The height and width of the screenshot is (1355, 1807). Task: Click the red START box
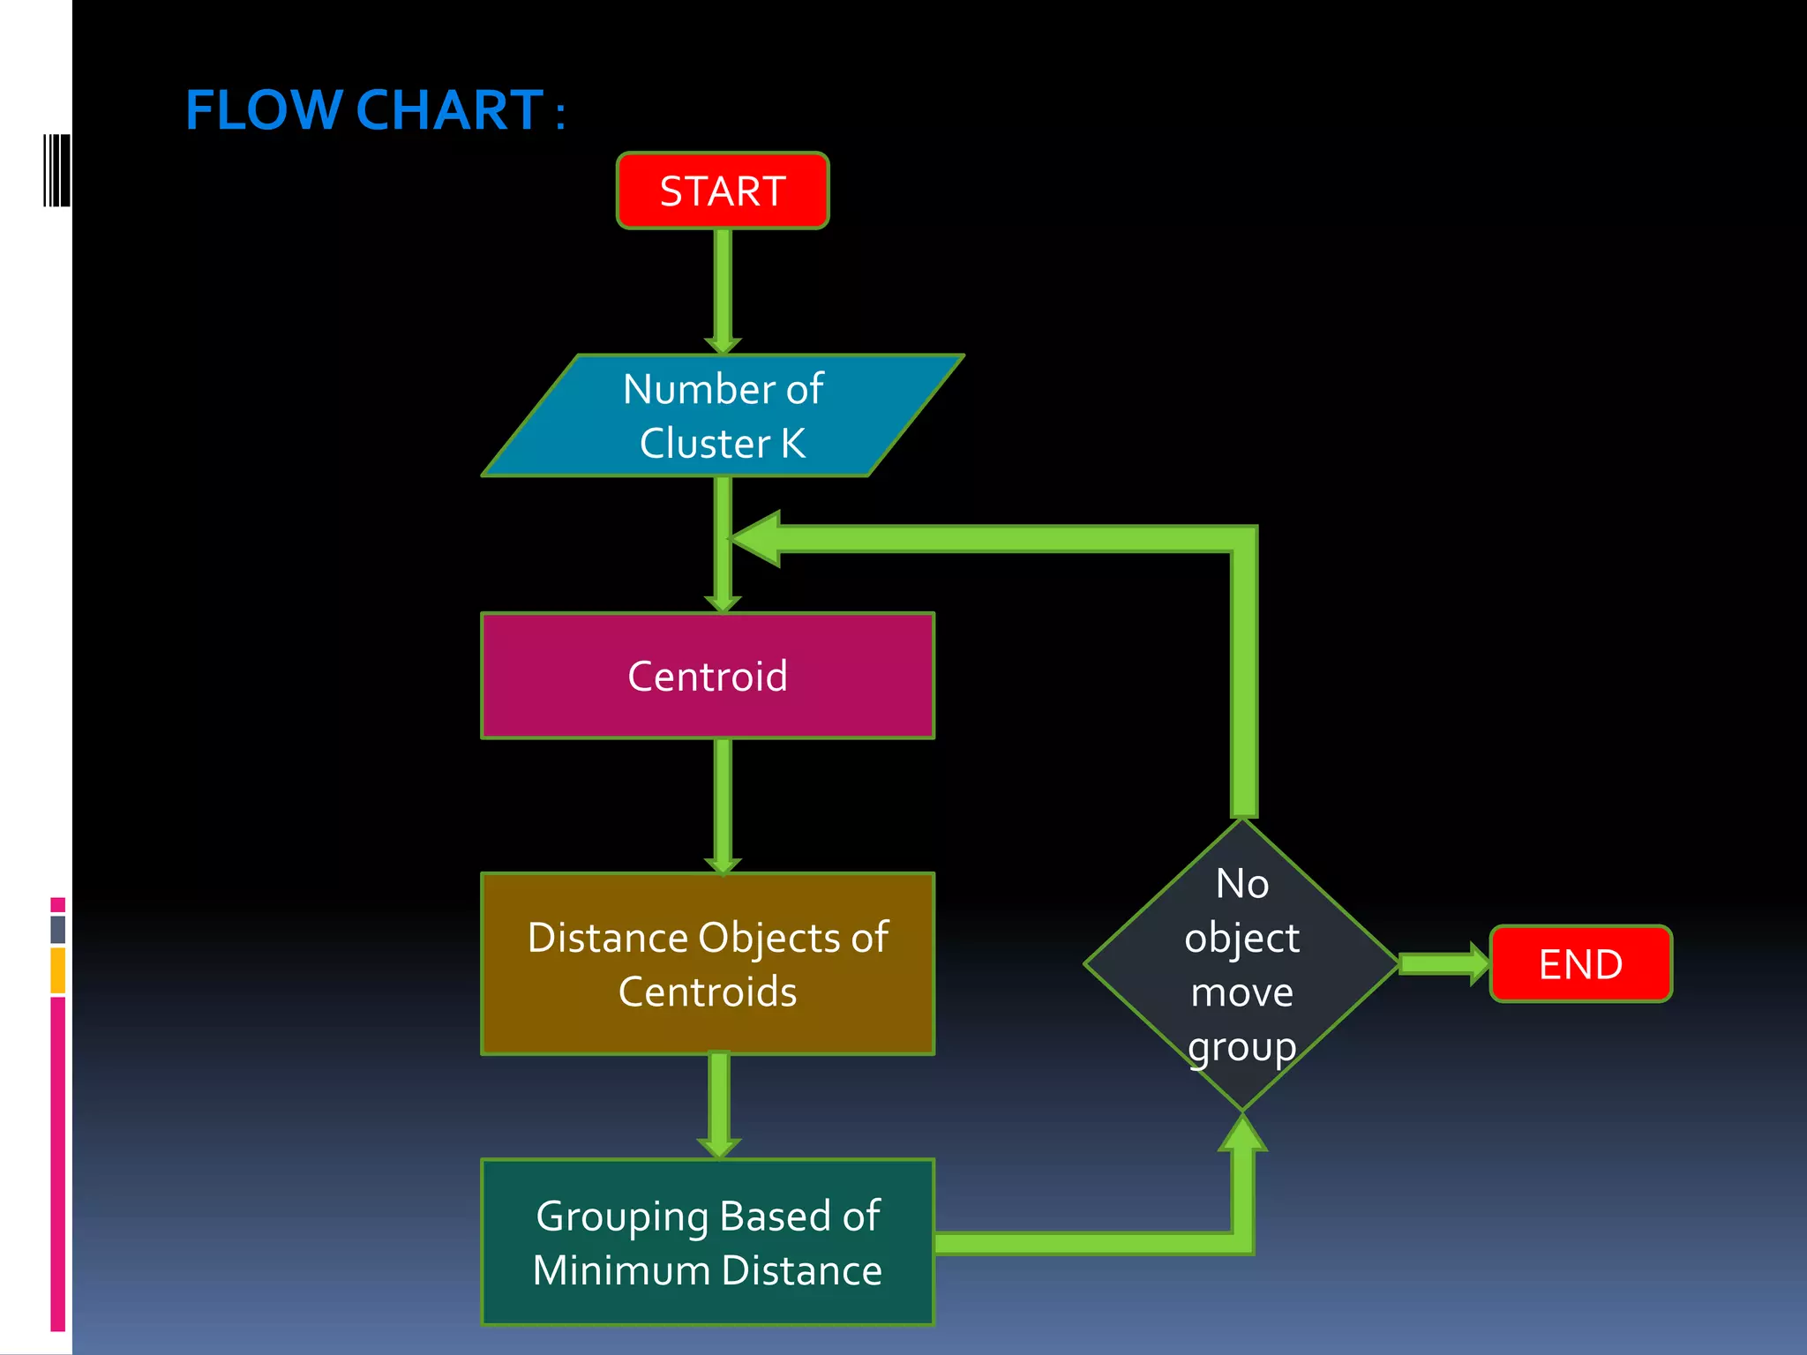722,191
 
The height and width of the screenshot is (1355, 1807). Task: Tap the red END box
1580,963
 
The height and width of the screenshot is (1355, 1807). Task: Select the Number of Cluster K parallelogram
723,415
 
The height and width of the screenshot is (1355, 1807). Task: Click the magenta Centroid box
707,676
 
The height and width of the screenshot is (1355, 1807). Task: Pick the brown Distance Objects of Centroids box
707,963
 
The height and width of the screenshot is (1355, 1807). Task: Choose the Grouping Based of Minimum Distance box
707,1241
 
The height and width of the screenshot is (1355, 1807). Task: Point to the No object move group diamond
1241,964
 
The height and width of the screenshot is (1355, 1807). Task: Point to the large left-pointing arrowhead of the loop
757,538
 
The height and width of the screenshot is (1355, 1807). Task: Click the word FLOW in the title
263,110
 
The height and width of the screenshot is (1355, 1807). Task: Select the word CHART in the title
449,110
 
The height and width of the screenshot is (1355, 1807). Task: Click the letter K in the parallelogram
792,443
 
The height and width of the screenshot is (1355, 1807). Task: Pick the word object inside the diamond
1241,938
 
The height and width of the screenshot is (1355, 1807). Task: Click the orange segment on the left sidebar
58,970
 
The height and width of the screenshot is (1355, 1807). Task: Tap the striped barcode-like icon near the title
56,170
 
